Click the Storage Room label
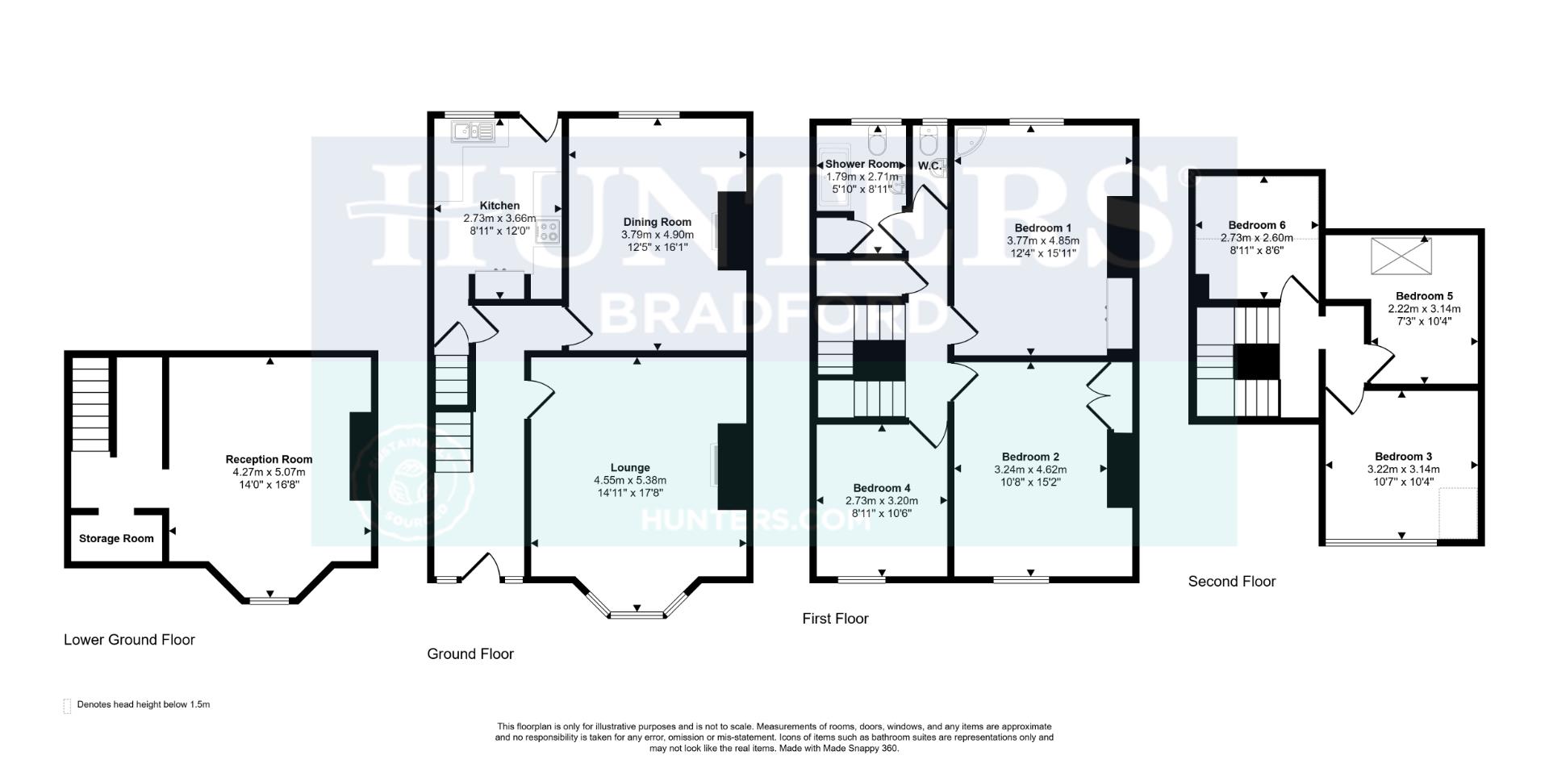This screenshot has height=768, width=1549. click(x=116, y=539)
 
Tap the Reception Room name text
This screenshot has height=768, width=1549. click(x=269, y=460)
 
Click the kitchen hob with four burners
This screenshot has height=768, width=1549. click(x=549, y=232)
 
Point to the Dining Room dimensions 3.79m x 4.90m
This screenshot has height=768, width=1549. click(x=657, y=235)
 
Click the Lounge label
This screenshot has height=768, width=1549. click(x=630, y=468)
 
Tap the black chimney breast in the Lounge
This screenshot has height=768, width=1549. click(x=731, y=465)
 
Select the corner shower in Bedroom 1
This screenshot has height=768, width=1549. click(x=967, y=141)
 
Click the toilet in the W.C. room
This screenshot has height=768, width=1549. click(x=929, y=143)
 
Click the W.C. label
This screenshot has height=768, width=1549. click(x=929, y=166)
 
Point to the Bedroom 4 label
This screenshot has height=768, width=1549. click(x=882, y=488)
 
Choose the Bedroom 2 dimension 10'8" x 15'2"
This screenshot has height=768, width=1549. click(x=1030, y=482)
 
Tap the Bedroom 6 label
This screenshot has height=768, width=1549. click(x=1257, y=225)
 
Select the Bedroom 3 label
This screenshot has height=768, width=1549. click(x=1403, y=457)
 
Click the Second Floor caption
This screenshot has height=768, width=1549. click(x=1231, y=582)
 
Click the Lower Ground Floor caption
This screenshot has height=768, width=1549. click(x=129, y=640)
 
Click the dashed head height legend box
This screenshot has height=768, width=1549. click(x=67, y=706)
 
